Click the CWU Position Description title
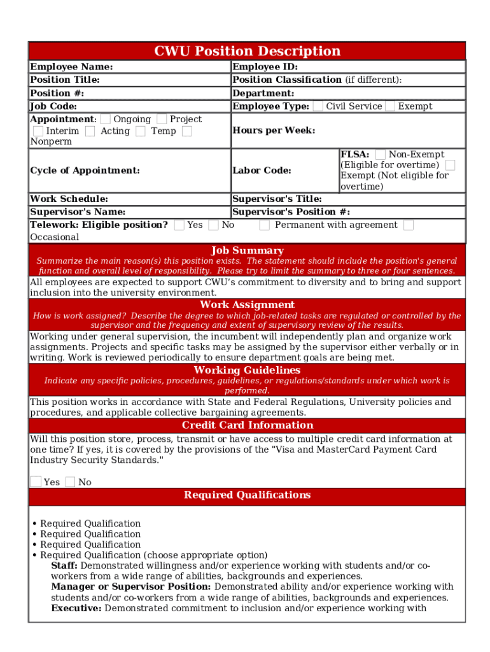tap(247, 51)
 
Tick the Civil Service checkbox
tap(318, 106)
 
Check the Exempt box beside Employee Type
tap(389, 106)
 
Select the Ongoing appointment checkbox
tap(106, 119)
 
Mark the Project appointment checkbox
tap(162, 119)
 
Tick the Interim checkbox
tap(38, 131)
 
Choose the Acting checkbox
tap(90, 131)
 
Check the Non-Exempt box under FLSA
tap(380, 154)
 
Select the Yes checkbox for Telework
tap(179, 225)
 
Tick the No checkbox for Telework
tap(213, 225)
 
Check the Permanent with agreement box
tap(264, 225)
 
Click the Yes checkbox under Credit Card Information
tap(36, 482)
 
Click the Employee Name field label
tap(71, 67)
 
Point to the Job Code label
tap(53, 106)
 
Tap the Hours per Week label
tap(274, 131)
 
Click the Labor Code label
tap(262, 170)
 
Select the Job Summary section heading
tap(247, 251)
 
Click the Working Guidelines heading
tap(247, 370)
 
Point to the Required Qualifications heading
tap(247, 495)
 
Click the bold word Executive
tap(76, 608)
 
